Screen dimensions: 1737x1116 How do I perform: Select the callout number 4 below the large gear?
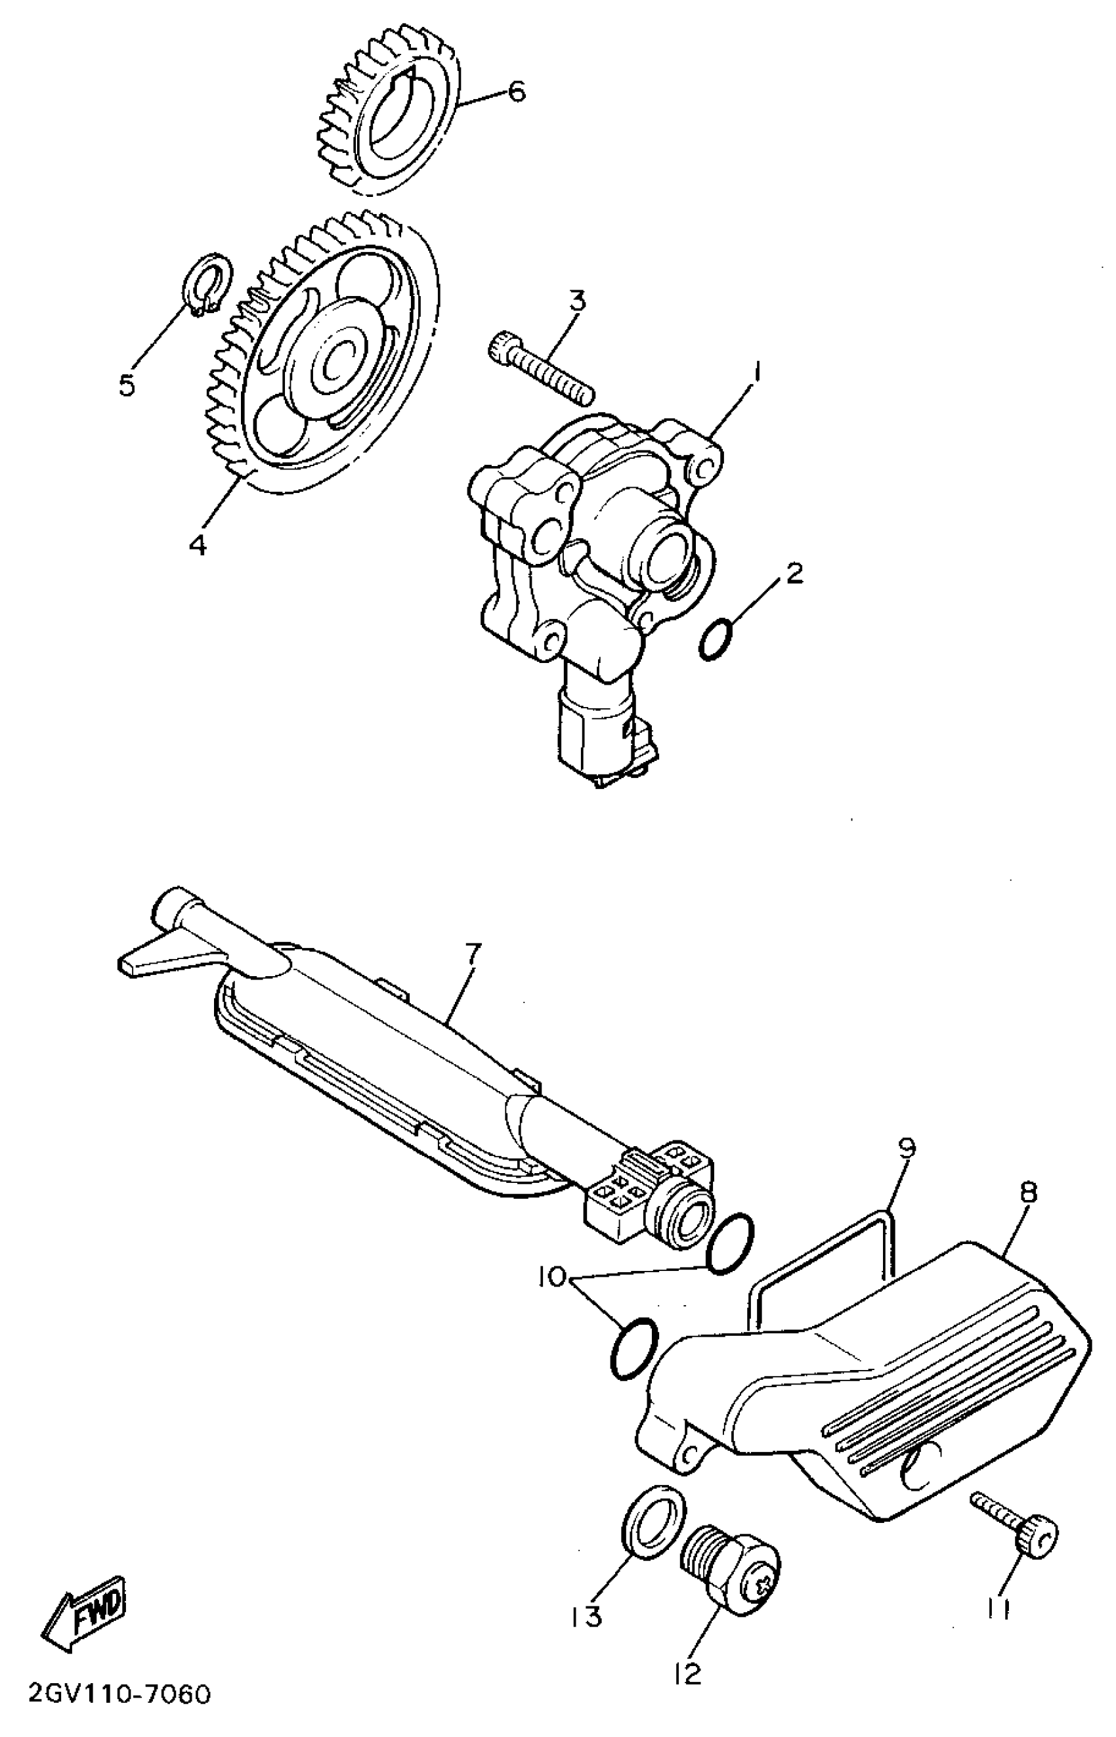(x=197, y=545)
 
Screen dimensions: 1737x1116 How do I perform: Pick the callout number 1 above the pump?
(x=756, y=375)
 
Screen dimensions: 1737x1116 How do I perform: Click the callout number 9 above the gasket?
(x=906, y=1147)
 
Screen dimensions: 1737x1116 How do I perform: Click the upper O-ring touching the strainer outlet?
(x=731, y=1243)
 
